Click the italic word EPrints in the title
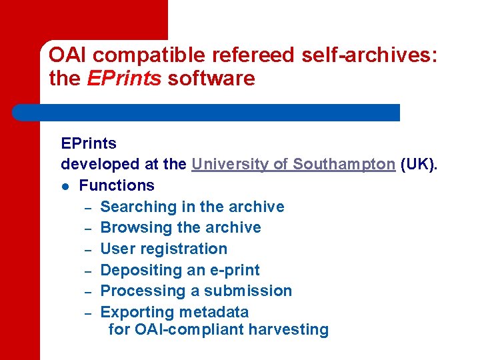point(124,79)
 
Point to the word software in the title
point(211,79)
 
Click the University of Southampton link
point(293,164)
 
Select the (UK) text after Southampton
point(420,164)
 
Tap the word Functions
point(117,185)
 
